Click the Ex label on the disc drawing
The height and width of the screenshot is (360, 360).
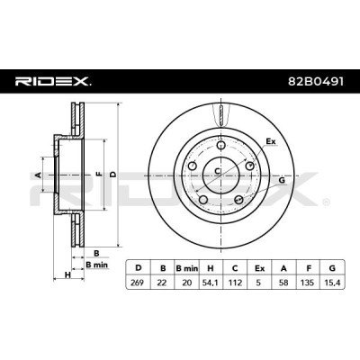[271, 141]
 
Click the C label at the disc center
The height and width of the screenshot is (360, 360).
[219, 166]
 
